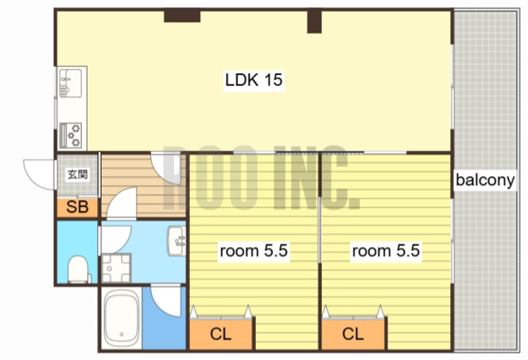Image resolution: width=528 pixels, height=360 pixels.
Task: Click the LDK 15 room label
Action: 253,80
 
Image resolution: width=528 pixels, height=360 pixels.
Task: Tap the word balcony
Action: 485,180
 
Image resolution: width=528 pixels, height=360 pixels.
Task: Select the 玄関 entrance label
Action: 78,175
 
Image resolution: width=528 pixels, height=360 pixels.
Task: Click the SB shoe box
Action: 77,207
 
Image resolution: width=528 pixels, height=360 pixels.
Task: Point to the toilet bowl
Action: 78,269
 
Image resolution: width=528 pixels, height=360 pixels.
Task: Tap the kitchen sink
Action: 71,83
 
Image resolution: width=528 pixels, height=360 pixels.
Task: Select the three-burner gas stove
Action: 71,135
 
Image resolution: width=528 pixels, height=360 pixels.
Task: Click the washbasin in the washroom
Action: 177,241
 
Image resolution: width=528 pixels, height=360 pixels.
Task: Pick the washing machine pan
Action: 116,268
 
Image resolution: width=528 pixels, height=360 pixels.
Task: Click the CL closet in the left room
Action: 221,334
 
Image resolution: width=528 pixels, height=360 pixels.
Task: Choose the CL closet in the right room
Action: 353,334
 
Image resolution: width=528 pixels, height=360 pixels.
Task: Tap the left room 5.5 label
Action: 253,251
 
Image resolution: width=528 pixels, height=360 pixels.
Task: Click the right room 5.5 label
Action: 386,251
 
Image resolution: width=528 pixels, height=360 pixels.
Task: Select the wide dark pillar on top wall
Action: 182,16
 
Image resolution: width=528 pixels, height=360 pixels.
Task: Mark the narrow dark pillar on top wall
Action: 314,22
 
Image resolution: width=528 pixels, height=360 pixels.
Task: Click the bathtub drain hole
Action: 122,334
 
